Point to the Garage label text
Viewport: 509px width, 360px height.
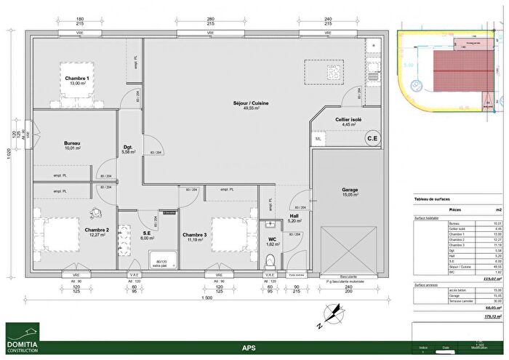click(350, 191)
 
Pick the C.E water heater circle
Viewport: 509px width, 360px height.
click(372, 138)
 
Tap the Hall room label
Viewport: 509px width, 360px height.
click(294, 217)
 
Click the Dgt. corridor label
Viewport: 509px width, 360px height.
click(129, 148)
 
